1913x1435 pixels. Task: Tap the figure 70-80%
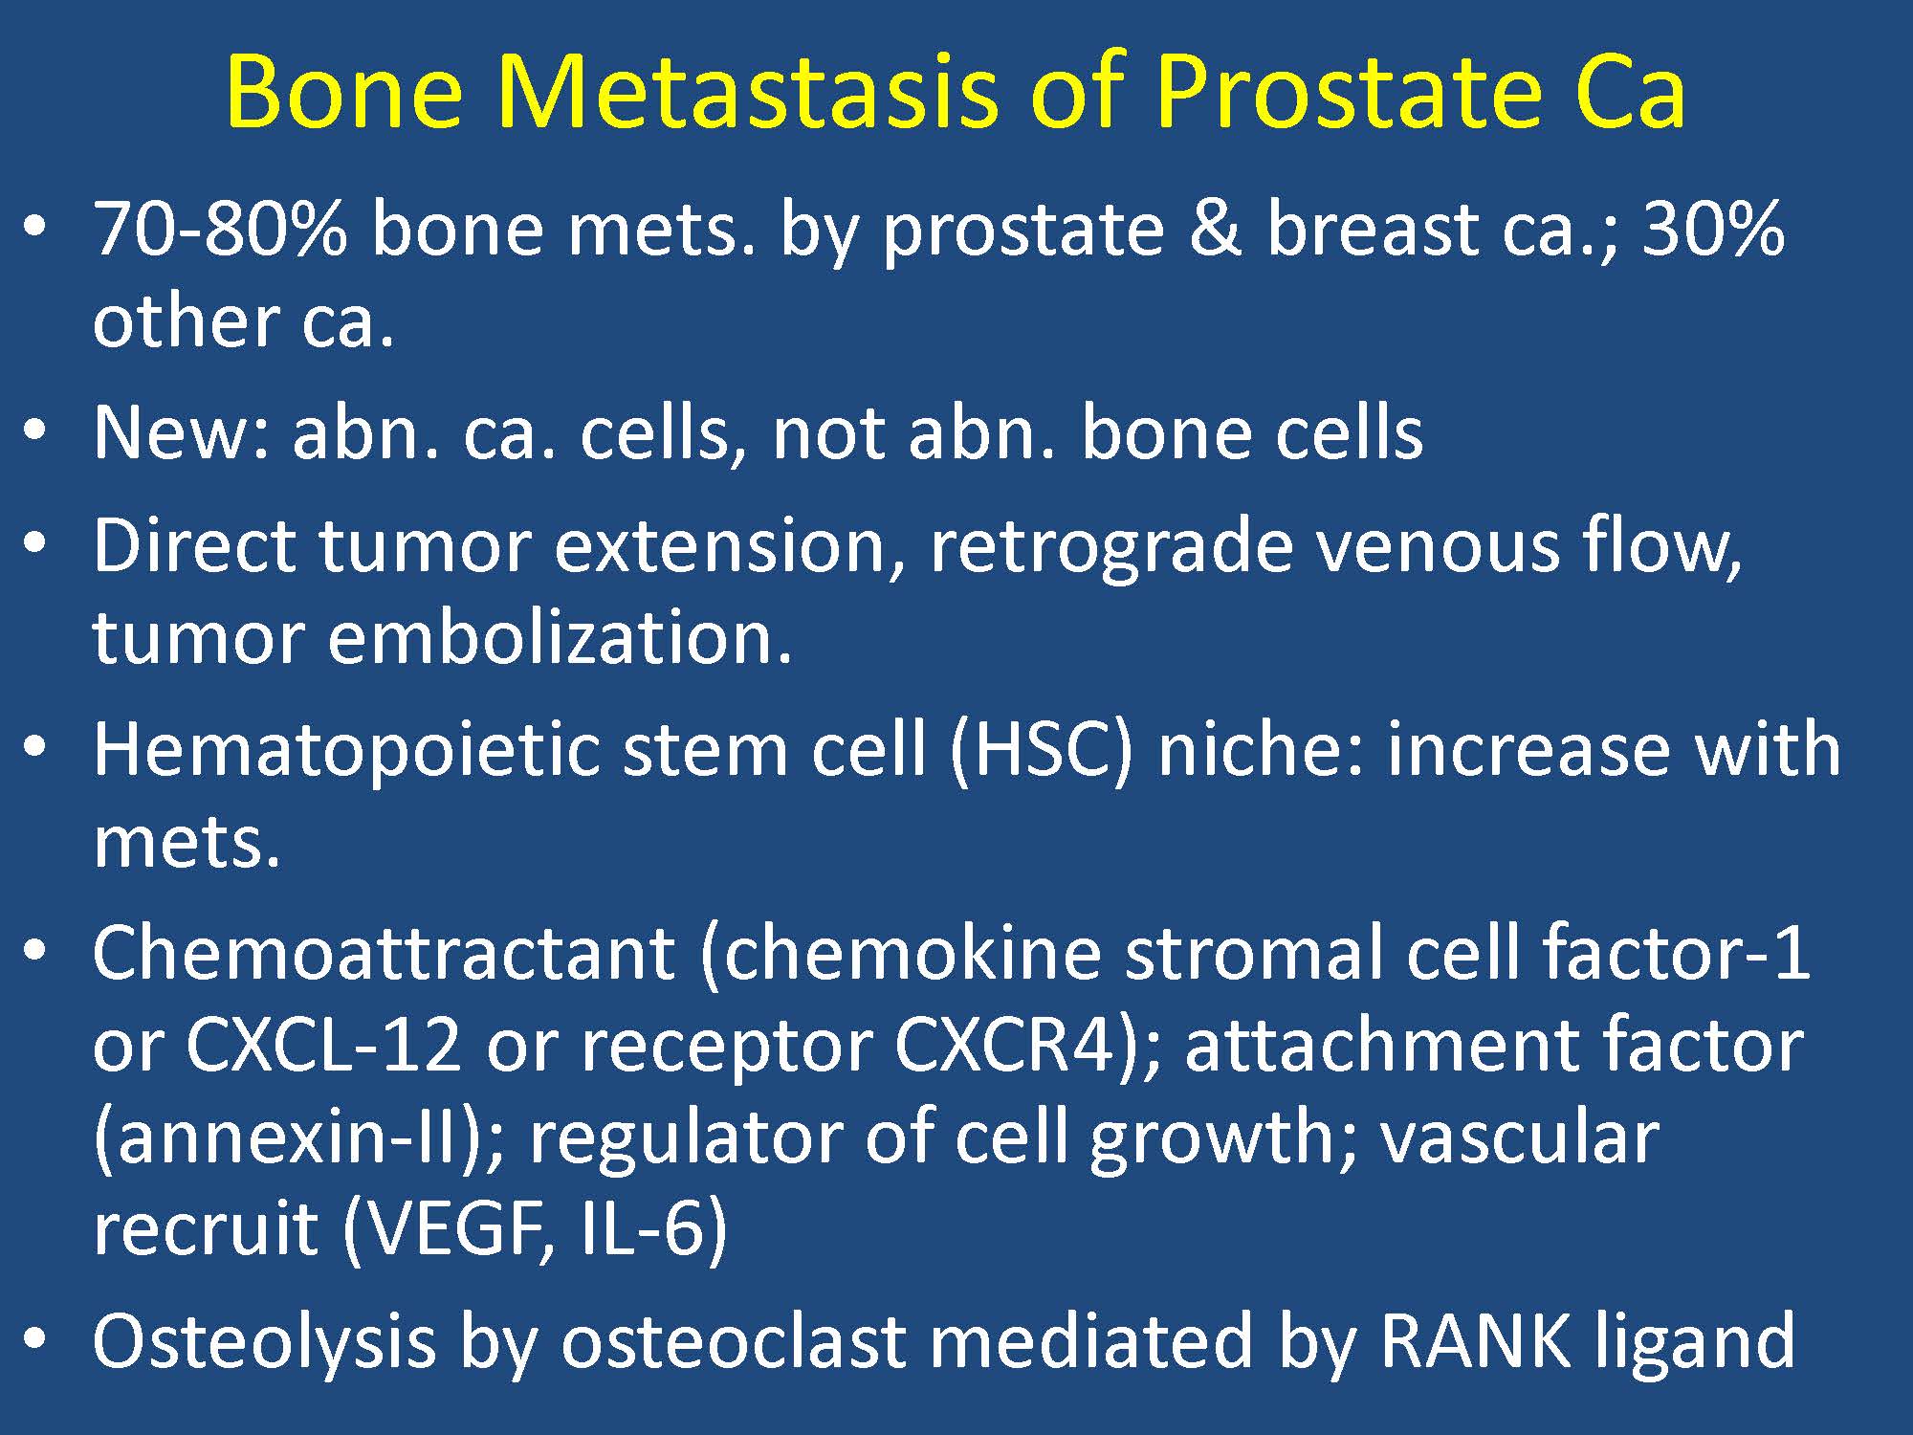[x=220, y=229]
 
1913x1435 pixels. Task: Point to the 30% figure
[x=1713, y=229]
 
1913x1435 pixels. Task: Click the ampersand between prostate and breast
[x=1214, y=230]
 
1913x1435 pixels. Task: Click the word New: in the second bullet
[x=181, y=432]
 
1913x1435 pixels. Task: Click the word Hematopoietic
[x=345, y=752]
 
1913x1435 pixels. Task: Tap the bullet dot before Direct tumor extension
[x=36, y=545]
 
